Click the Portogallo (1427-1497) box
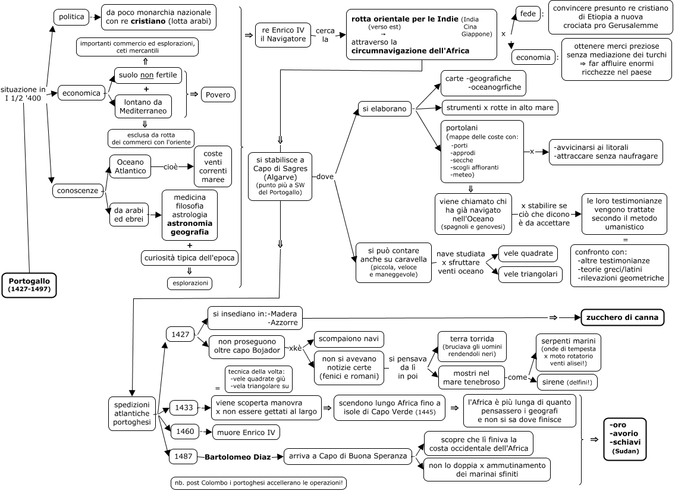coord(29,285)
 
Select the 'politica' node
coord(71,17)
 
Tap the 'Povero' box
coord(218,95)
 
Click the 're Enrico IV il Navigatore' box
coord(283,34)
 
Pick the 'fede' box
coord(528,14)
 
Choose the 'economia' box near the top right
coord(533,57)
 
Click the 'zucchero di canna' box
coord(623,317)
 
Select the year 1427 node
coord(180,334)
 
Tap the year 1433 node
coord(184,408)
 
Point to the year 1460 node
coord(185,431)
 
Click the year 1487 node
coord(183,456)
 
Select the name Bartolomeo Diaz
coord(238,457)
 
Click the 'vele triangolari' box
coord(530,274)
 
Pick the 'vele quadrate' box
coord(528,253)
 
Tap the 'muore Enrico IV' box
coord(246,433)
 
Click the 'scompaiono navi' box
coord(349,339)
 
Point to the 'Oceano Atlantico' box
coord(130,166)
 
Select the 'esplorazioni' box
coord(190,283)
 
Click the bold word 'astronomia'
coord(189,224)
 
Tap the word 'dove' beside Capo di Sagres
coord(325,177)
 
